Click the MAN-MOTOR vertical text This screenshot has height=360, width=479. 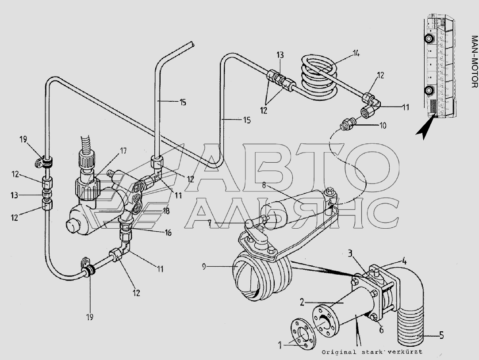point(475,61)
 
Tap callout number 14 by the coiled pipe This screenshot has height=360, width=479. point(356,54)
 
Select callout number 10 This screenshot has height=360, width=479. point(383,126)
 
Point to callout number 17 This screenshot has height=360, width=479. point(123,150)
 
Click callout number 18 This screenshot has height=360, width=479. point(166,211)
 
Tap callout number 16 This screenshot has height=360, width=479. point(168,233)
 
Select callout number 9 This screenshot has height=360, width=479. point(204,267)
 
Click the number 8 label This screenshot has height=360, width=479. point(264,185)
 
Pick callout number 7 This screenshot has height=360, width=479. point(209,223)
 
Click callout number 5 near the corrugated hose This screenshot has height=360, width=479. point(441,336)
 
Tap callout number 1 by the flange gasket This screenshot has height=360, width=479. point(280,345)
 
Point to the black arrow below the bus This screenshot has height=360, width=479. point(425,128)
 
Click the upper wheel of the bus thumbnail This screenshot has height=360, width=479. point(429,38)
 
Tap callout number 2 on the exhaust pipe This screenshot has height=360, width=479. point(302,303)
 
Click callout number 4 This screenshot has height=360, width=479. point(404,262)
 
